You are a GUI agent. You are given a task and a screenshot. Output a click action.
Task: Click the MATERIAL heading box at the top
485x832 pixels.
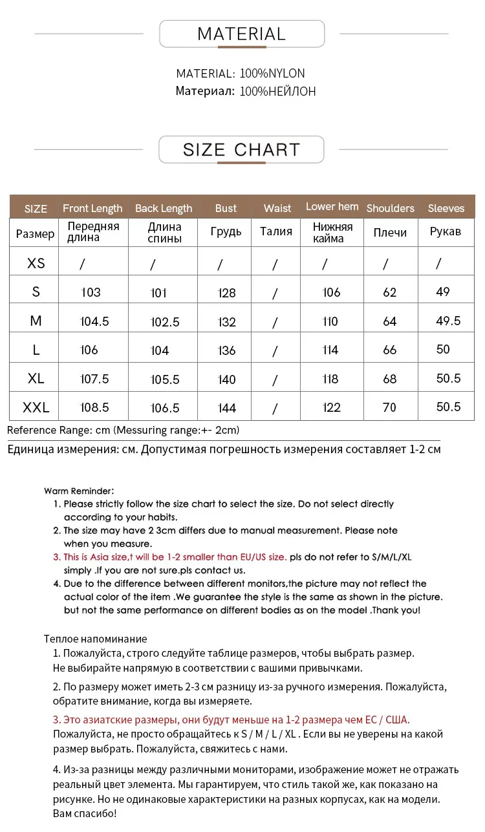click(241, 34)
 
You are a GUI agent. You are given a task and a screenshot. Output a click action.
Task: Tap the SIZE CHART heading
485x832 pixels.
click(241, 150)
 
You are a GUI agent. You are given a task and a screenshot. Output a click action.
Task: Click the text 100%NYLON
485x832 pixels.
click(272, 74)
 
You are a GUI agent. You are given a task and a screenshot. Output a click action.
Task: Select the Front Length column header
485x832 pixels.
click(92, 208)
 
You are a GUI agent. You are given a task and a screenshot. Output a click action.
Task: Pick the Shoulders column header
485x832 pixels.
click(390, 208)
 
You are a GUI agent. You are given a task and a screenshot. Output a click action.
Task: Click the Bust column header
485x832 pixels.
click(226, 208)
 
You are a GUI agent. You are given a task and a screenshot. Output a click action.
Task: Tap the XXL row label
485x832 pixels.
click(36, 407)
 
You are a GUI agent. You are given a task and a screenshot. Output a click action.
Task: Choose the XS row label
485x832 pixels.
click(36, 263)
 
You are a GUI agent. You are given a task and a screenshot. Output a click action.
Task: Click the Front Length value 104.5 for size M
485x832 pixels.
click(94, 321)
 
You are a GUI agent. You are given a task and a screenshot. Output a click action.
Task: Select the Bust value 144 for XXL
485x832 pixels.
click(227, 408)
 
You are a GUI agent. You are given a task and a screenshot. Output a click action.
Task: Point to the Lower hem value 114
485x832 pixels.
click(330, 350)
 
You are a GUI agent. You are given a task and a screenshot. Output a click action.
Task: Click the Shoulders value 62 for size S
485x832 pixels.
click(390, 292)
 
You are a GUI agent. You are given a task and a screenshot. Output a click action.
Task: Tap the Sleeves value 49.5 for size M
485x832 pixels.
click(448, 321)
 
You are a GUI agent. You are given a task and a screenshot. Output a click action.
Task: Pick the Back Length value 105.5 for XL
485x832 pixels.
click(165, 379)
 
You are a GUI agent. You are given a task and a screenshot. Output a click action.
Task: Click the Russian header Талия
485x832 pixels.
click(276, 231)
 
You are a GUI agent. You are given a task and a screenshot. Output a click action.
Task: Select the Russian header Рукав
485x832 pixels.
click(446, 231)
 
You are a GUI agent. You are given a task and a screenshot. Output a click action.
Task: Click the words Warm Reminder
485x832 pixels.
click(79, 491)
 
